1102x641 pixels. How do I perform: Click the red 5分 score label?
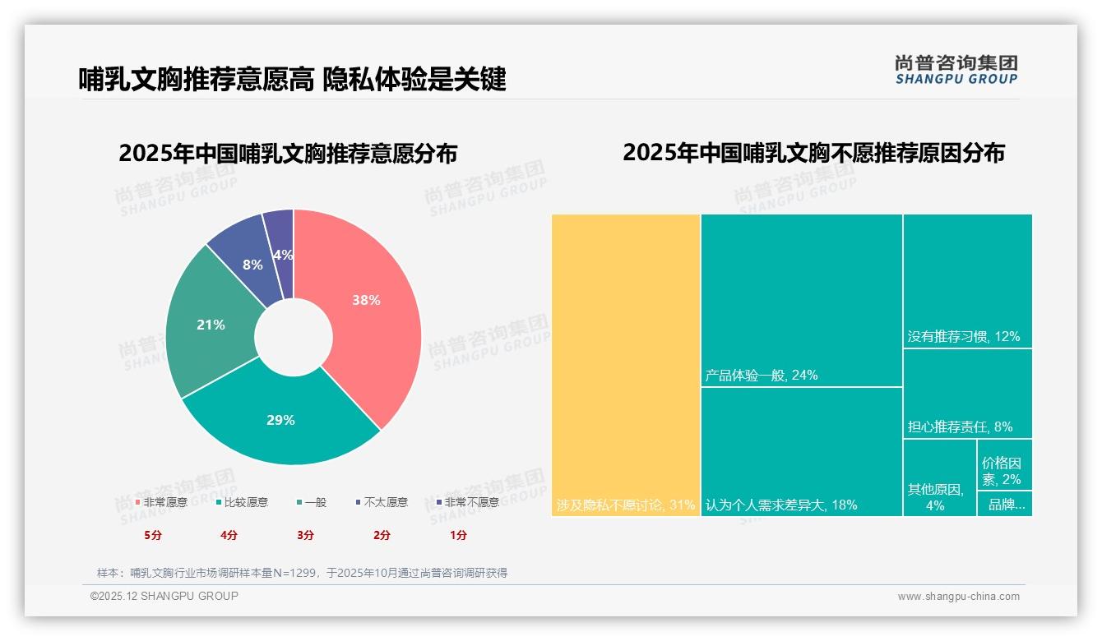click(152, 535)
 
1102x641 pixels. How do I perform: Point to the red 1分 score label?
click(458, 535)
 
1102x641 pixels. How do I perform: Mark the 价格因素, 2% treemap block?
click(1004, 464)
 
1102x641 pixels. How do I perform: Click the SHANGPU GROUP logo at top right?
click(956, 69)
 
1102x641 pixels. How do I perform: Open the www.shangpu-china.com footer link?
click(958, 597)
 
